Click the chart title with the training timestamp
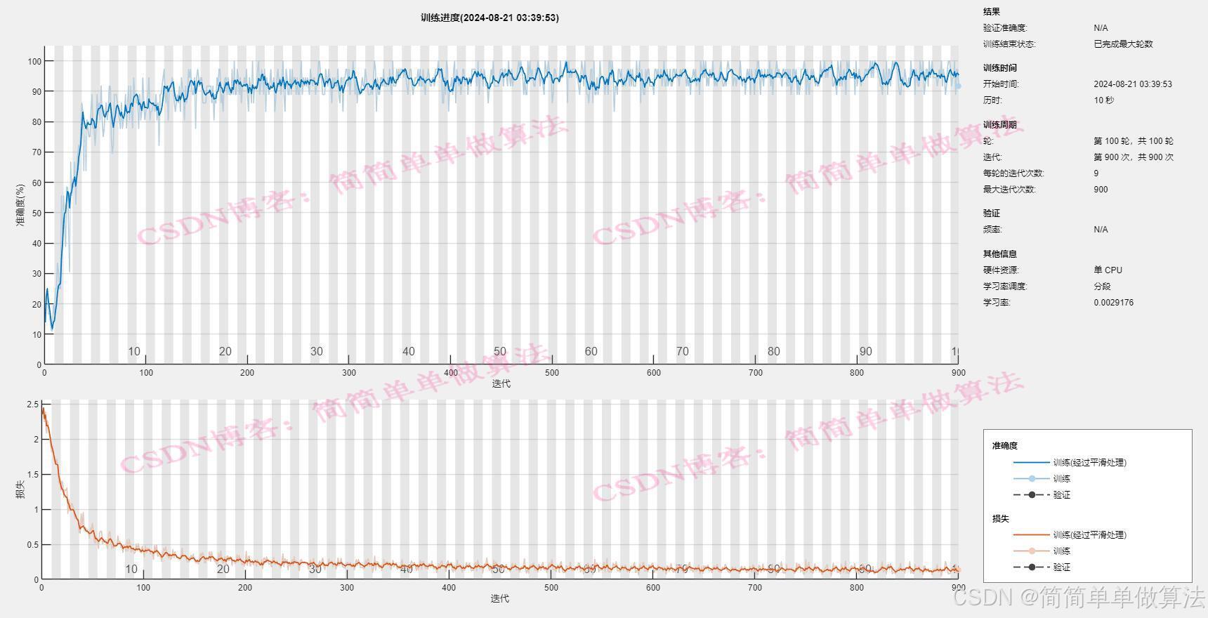click(490, 18)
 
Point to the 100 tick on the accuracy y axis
click(34, 61)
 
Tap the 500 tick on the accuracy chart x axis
click(552, 373)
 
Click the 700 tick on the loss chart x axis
click(754, 588)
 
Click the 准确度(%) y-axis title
click(20, 205)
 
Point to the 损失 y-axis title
click(20, 489)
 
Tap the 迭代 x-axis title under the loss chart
click(499, 598)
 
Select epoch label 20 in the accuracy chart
click(225, 352)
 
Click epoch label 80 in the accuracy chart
click(773, 352)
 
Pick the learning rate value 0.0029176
click(1113, 303)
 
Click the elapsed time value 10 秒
click(1103, 100)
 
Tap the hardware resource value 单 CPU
click(1108, 270)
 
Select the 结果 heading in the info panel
click(991, 12)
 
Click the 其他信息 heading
click(999, 254)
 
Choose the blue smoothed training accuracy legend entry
click(1089, 463)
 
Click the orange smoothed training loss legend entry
click(1089, 535)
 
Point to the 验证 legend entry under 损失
click(1061, 567)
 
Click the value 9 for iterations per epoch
click(1096, 173)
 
